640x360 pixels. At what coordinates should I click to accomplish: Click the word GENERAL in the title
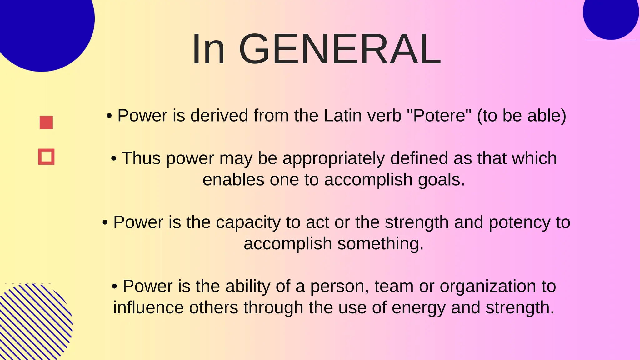340,49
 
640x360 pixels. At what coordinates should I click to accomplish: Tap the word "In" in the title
208,49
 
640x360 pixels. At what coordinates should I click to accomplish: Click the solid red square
46,122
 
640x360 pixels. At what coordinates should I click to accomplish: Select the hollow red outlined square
46,157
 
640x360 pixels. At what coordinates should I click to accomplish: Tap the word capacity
248,222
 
